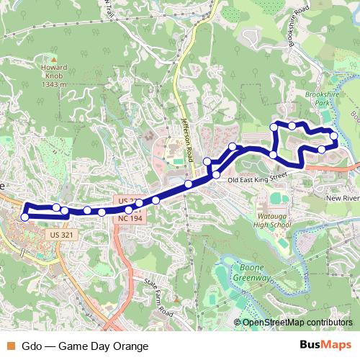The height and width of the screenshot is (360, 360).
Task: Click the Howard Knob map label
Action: pyautogui.click(x=55, y=70)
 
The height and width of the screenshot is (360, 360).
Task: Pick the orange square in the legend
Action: pyautogui.click(x=10, y=346)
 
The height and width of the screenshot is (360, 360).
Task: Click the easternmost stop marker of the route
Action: pyautogui.click(x=334, y=135)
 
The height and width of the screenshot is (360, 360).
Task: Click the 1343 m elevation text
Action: pyautogui.click(x=54, y=84)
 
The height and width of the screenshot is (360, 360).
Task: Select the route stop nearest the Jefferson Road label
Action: pyautogui.click(x=207, y=161)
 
